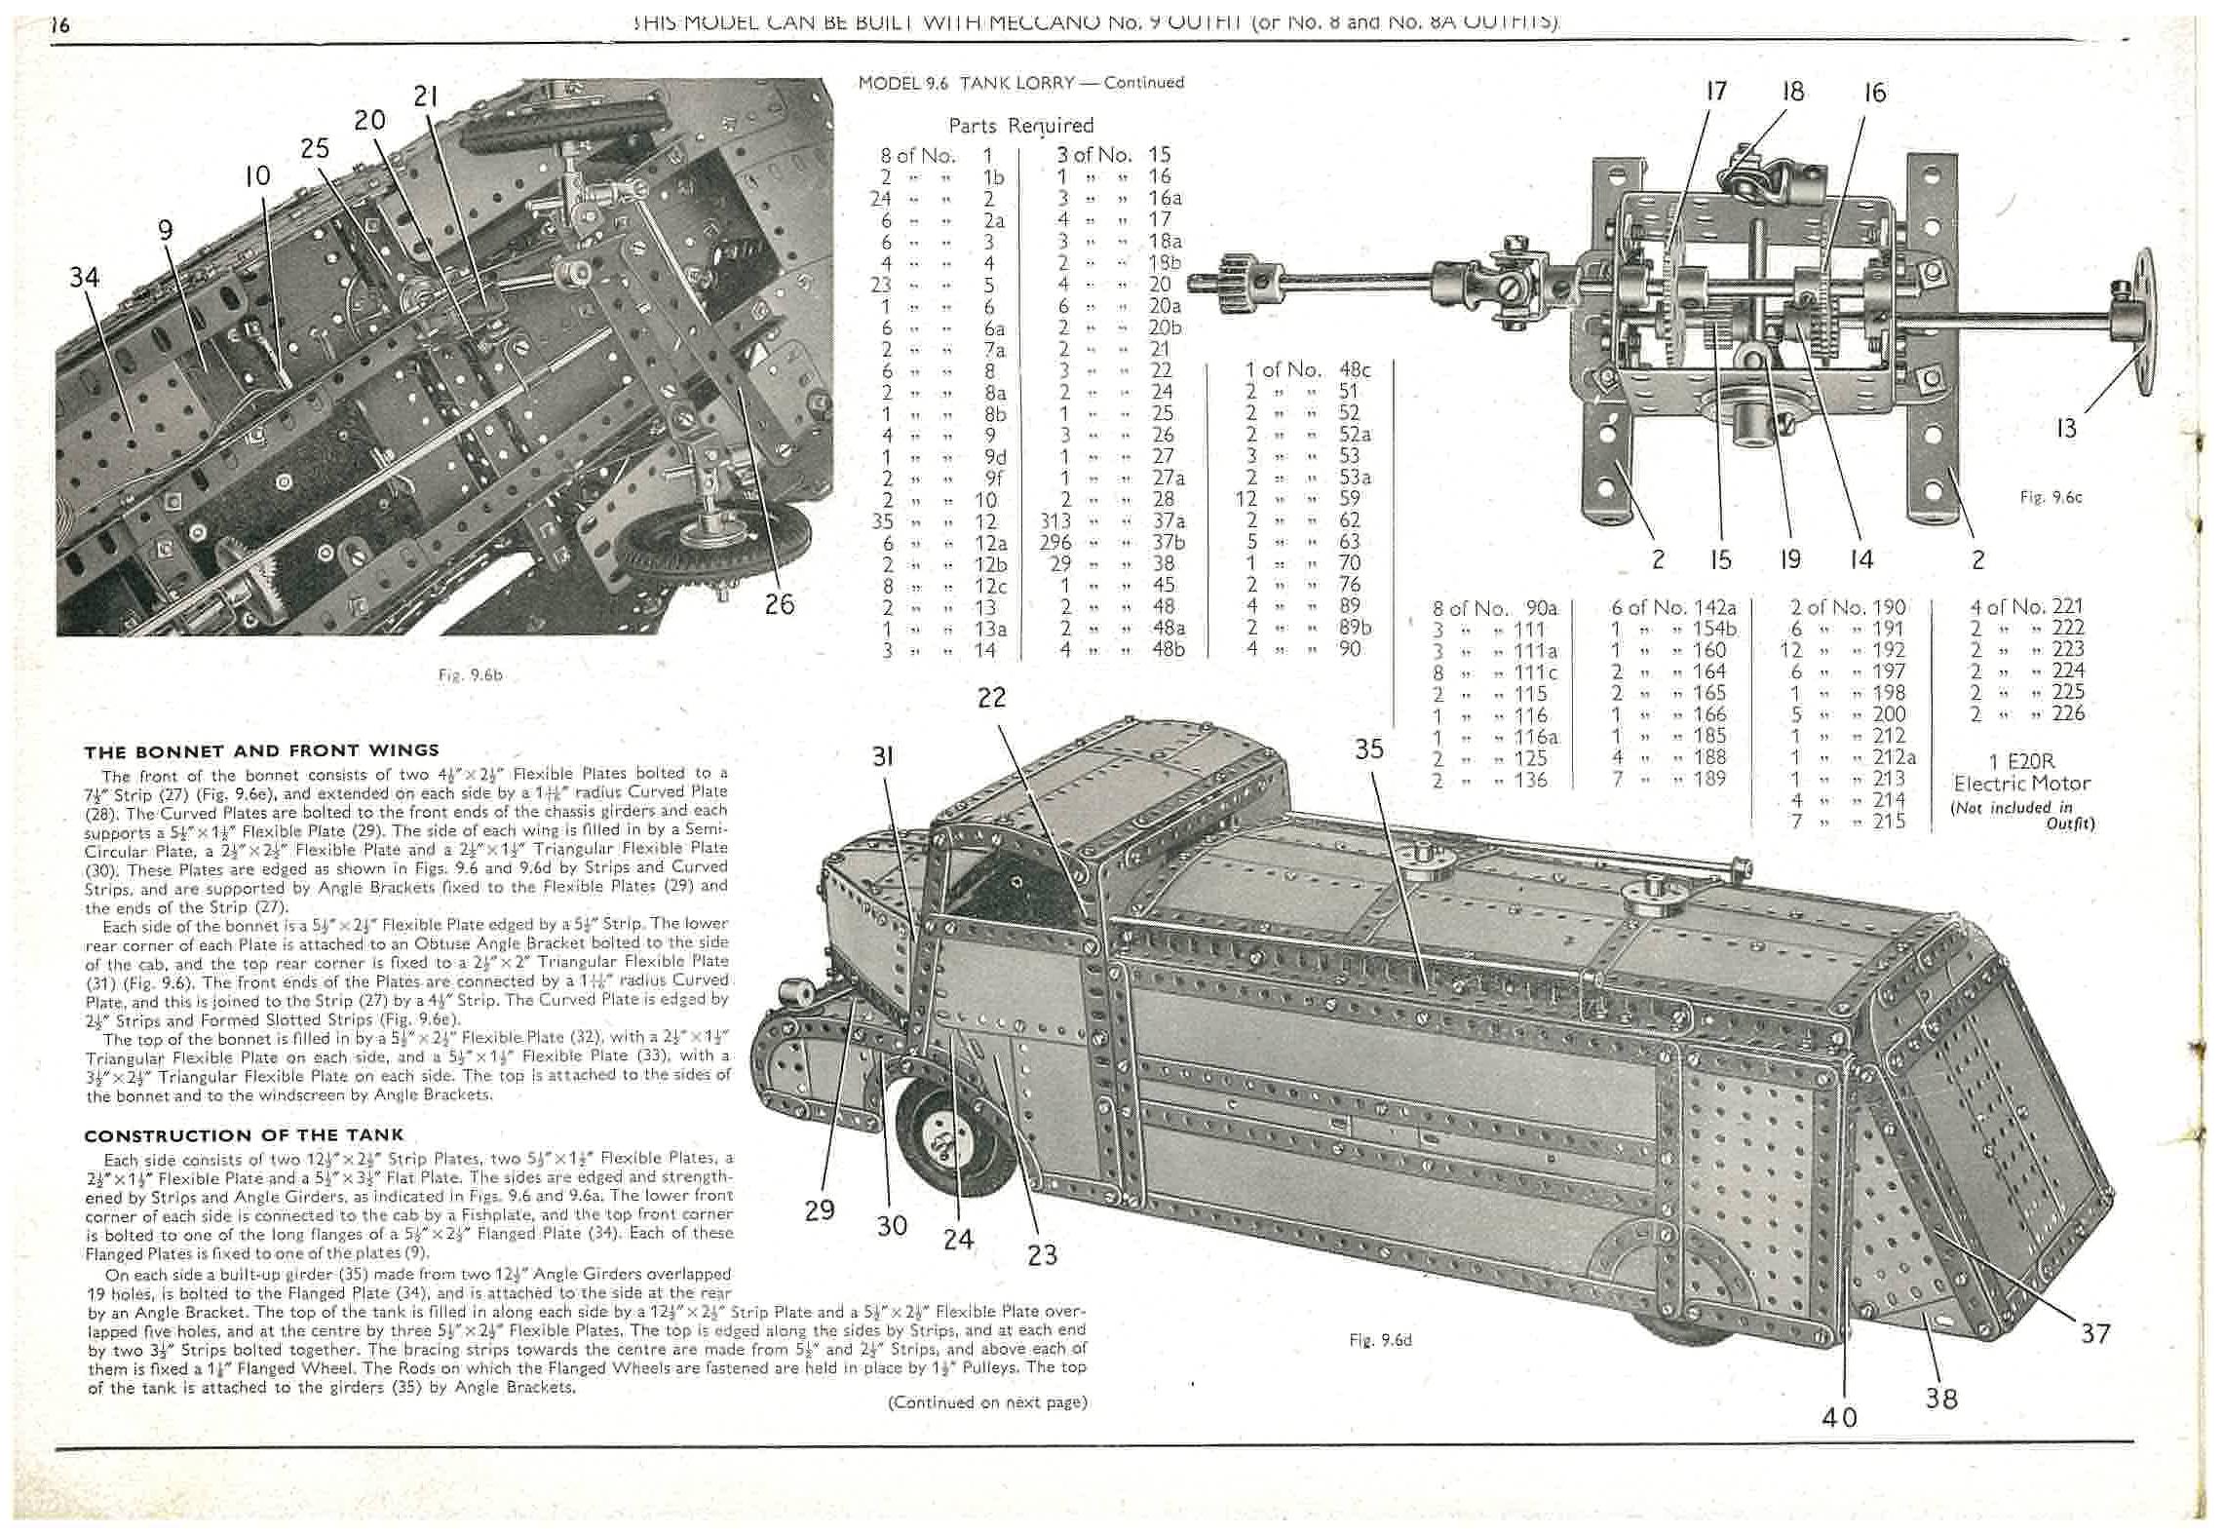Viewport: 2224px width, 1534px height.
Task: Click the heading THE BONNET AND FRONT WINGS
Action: point(261,750)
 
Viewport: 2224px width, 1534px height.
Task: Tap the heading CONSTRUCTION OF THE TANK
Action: point(244,1135)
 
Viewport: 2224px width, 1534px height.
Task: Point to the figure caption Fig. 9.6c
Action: point(2051,497)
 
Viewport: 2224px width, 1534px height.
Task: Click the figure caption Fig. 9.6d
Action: point(1380,1340)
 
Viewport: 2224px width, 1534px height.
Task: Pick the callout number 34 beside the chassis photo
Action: point(85,278)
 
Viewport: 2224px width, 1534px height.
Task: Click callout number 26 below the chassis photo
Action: point(779,604)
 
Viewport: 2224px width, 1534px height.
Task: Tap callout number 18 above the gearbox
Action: point(1792,92)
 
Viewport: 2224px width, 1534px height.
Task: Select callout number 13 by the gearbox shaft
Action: point(2066,428)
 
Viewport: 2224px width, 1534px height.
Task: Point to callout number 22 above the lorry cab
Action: point(991,698)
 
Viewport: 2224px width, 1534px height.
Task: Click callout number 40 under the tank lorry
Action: point(1839,1417)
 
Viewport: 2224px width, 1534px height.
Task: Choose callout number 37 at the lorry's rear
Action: point(2095,1333)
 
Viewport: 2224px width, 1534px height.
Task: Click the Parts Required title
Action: point(1020,126)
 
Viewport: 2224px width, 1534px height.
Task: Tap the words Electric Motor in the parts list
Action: point(2020,784)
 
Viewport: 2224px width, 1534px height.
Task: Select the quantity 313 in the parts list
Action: point(1056,521)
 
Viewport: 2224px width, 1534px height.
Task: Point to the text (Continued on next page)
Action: point(987,1402)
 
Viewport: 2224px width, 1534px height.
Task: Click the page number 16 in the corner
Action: point(60,25)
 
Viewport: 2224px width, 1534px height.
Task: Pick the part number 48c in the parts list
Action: point(1355,370)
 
